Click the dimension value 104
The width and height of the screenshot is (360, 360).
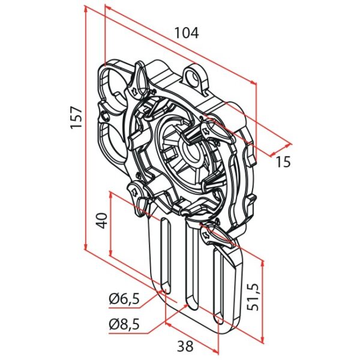(x=186, y=33)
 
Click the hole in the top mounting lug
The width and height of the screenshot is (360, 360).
(x=193, y=76)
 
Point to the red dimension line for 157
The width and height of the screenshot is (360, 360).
(x=86, y=132)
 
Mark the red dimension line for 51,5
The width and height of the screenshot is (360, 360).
(x=263, y=300)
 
